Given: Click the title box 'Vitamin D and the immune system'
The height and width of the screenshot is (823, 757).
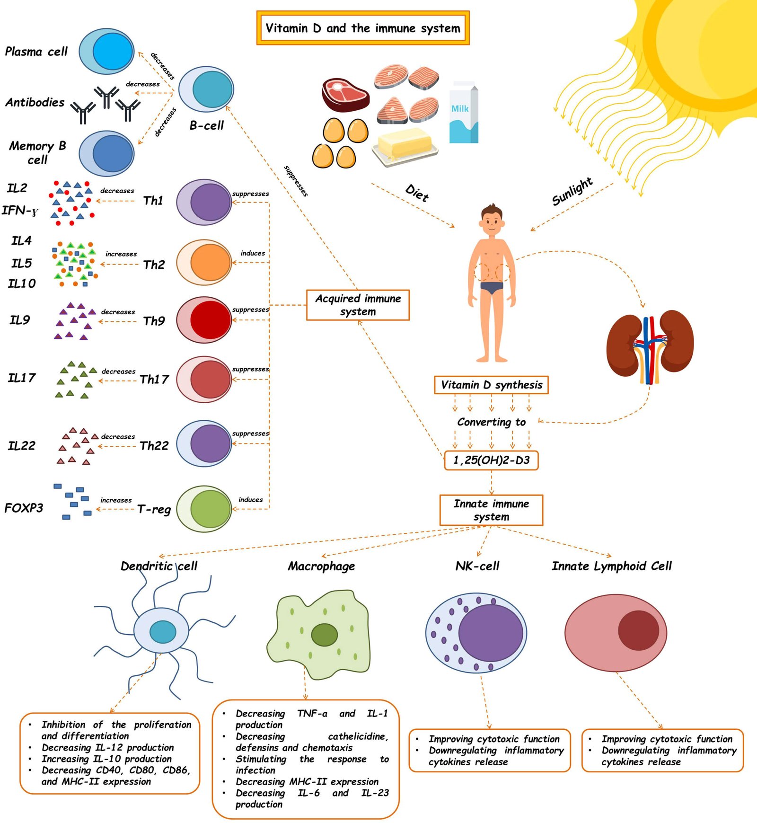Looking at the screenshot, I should (x=363, y=28).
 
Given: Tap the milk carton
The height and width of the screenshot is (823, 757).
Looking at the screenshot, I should (x=463, y=113).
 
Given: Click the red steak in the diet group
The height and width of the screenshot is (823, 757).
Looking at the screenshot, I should (x=345, y=94).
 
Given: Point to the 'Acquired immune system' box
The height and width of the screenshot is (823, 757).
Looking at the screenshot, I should (x=358, y=305).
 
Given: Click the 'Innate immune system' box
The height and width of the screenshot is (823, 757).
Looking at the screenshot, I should (x=491, y=510).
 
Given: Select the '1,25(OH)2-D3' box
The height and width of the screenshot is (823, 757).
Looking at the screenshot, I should (x=491, y=460).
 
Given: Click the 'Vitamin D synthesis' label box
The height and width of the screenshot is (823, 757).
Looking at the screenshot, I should (x=491, y=385).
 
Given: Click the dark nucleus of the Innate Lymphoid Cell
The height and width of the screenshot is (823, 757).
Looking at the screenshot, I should (x=638, y=630).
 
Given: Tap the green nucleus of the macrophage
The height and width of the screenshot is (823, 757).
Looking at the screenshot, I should (x=325, y=635).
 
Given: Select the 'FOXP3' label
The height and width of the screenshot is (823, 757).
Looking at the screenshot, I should (x=24, y=508).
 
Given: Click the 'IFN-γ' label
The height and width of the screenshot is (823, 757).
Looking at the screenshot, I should (x=20, y=211).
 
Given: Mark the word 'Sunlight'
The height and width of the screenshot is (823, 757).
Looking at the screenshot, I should (x=572, y=191).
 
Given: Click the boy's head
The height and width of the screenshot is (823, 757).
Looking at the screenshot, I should (x=492, y=221).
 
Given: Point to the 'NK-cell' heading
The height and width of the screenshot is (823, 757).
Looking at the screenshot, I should (x=477, y=566).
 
